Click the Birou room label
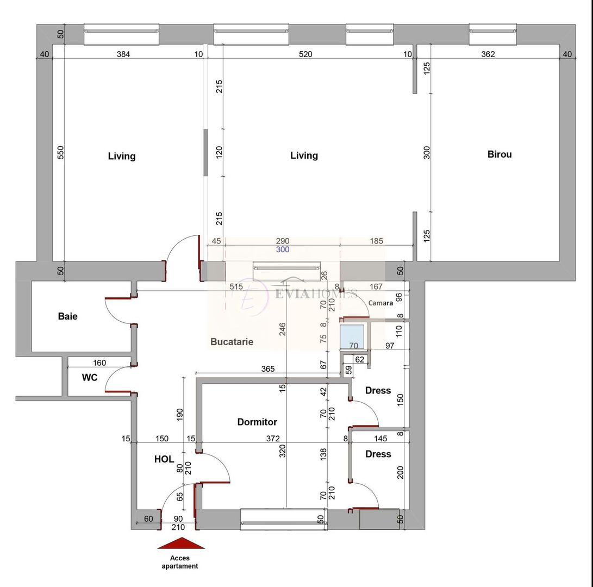click(x=499, y=154)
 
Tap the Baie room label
click(x=68, y=316)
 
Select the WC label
click(x=90, y=377)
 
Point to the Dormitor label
click(x=257, y=422)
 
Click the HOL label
click(x=164, y=459)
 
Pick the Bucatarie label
click(x=232, y=342)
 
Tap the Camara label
click(x=380, y=303)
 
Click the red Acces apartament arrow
click(x=181, y=543)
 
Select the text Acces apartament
click(x=180, y=562)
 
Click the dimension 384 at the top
click(x=126, y=54)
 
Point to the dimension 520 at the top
click(x=305, y=54)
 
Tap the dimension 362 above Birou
click(x=488, y=54)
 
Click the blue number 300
click(x=283, y=250)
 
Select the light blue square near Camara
click(x=352, y=337)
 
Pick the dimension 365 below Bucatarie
click(x=267, y=369)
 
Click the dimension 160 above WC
click(x=99, y=363)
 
